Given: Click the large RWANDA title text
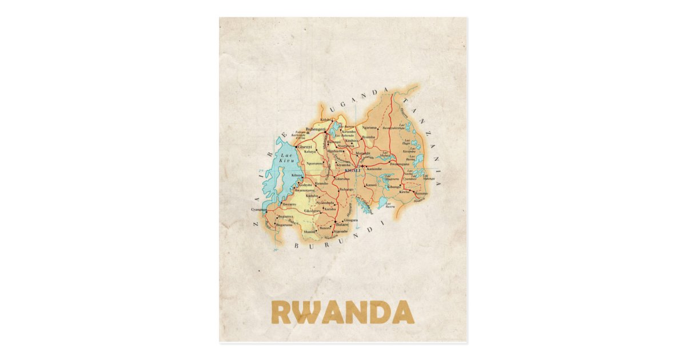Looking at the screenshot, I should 342,312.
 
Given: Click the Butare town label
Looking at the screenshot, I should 342,226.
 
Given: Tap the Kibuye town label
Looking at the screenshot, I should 297,175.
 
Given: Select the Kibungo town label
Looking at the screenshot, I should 394,187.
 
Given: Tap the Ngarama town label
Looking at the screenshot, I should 370,127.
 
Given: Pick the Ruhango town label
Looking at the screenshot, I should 346,189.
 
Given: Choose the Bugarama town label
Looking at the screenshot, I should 284,225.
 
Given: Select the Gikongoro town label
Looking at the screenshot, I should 312,210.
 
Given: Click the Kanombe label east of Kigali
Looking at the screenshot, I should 374,169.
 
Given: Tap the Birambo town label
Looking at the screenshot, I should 322,183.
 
